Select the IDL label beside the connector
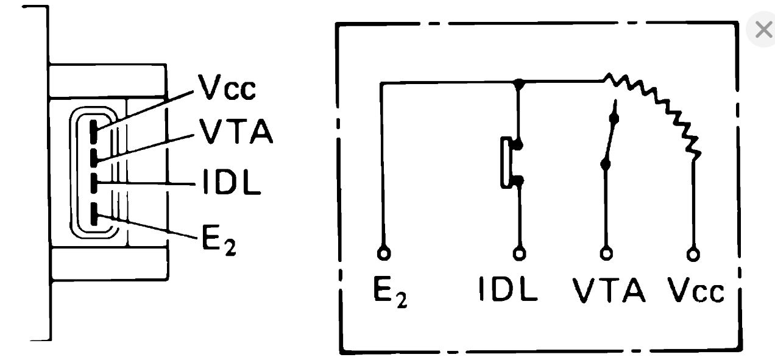(x=231, y=182)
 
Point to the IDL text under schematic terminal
(x=508, y=291)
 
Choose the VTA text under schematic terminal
(x=609, y=291)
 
